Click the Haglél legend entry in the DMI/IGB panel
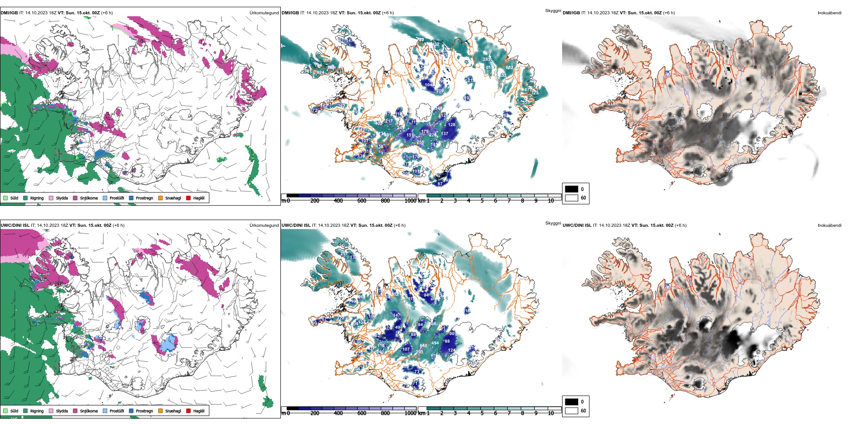point(198,198)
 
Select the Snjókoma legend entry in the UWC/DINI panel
point(88,411)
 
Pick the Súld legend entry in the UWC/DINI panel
point(14,411)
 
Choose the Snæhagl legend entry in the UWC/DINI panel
point(172,411)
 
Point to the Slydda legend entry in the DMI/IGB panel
point(61,198)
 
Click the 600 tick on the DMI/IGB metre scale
point(362,201)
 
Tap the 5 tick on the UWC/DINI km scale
point(482,413)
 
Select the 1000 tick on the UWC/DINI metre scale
point(410,413)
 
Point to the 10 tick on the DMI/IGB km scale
point(551,201)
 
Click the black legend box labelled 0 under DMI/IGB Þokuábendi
point(572,189)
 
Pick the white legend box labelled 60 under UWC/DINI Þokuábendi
point(572,411)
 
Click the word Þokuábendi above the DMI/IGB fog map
point(830,13)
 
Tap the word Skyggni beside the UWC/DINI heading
point(553,223)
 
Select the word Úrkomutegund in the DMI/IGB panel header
point(264,13)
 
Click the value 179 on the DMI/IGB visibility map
point(425,132)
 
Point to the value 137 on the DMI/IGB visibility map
point(444,134)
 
